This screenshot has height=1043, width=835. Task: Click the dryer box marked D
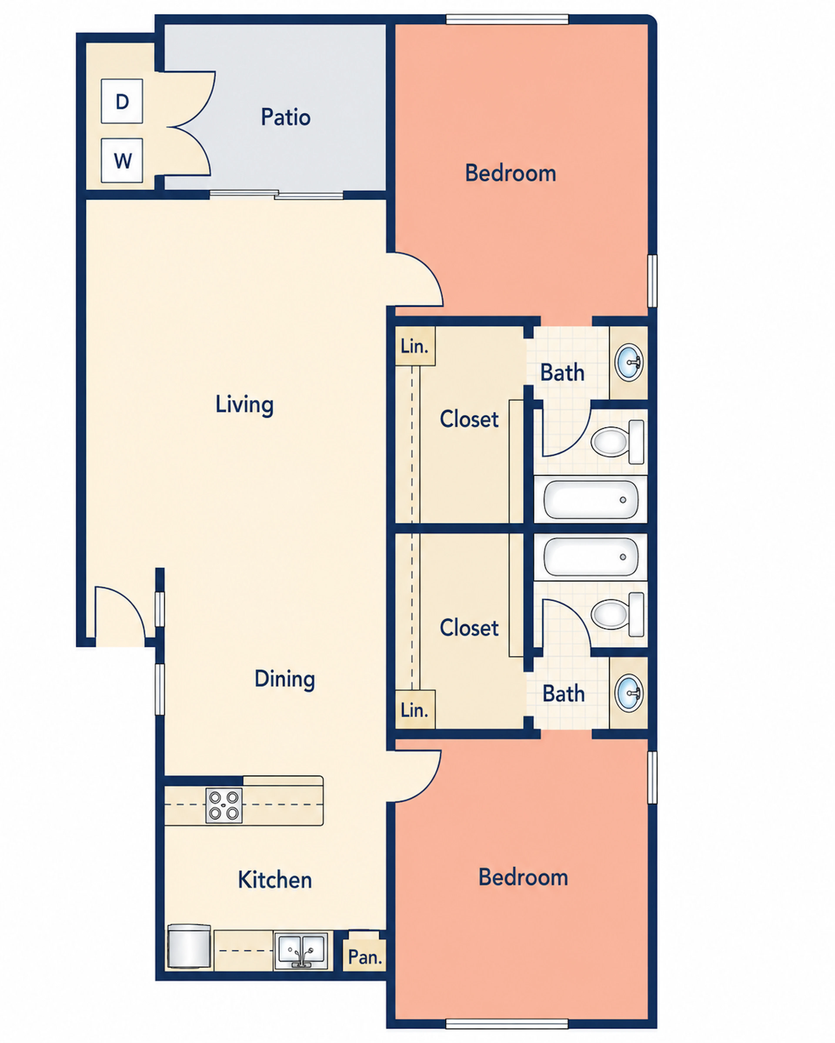point(122,101)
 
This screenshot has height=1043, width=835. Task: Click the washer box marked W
point(122,161)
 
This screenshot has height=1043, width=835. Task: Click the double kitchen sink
point(301,950)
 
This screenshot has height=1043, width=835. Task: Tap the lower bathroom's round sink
point(629,693)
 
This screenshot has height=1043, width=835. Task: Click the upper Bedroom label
point(510,173)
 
